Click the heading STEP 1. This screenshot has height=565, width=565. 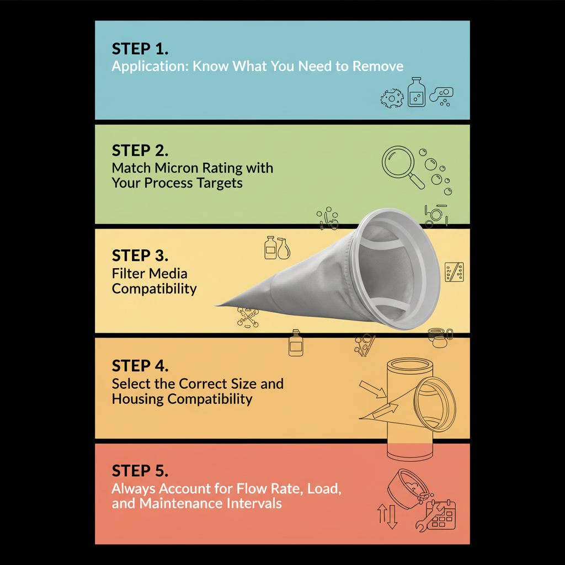tap(140, 49)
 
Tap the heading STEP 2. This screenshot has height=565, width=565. tap(140, 151)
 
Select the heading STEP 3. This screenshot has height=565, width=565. tap(140, 255)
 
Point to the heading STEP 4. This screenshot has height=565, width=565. tap(140, 366)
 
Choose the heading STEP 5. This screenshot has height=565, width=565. tap(140, 471)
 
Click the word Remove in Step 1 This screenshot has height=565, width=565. tap(377, 66)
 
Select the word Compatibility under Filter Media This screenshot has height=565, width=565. tap(154, 289)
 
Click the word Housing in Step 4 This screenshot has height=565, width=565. tap(137, 399)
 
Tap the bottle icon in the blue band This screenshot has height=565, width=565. tap(417, 92)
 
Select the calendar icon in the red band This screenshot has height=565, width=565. tap(442, 515)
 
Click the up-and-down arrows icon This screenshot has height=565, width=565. tap(387, 516)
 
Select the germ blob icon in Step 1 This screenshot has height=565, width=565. tap(392, 98)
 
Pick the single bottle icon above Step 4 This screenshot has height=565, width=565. tap(296, 343)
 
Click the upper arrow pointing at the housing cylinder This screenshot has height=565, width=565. tap(373, 390)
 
